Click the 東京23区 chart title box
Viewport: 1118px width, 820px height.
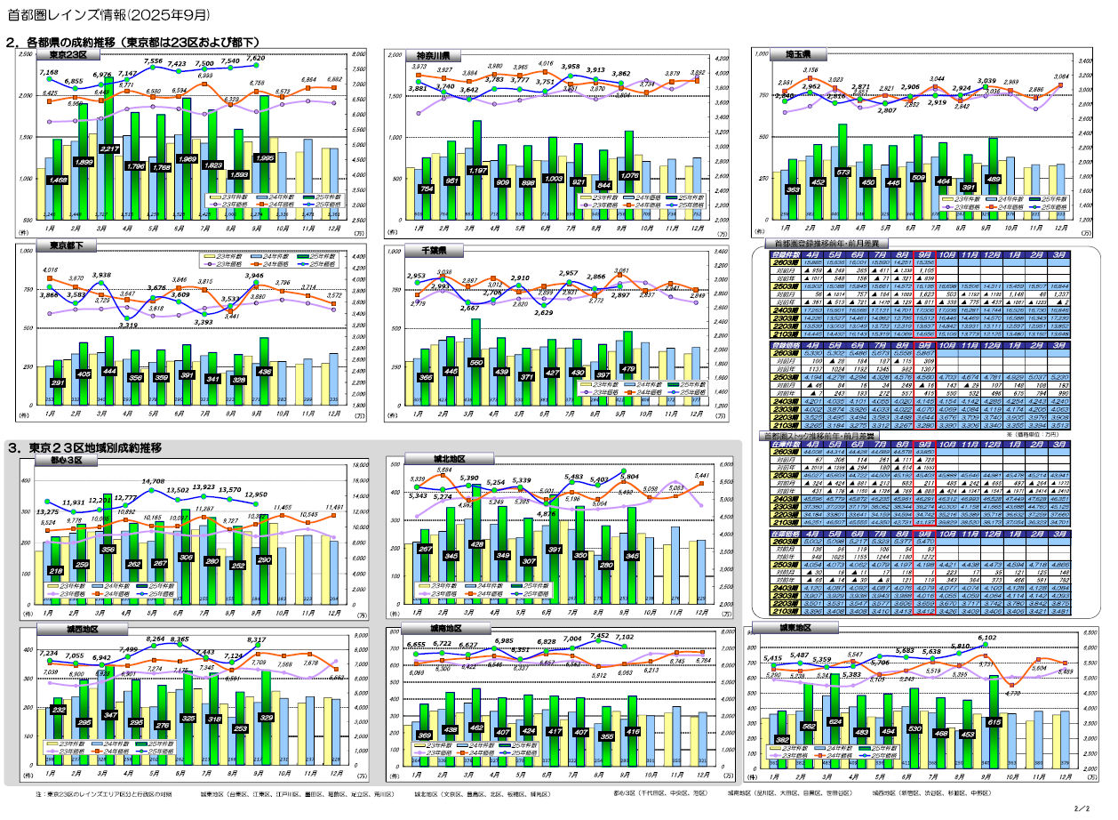click(x=68, y=55)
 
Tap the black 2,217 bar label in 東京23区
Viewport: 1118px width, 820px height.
click(x=109, y=149)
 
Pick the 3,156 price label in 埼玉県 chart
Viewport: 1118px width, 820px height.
click(x=811, y=69)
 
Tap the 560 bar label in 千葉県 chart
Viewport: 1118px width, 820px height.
click(x=475, y=364)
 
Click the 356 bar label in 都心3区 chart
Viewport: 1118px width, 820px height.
click(x=108, y=549)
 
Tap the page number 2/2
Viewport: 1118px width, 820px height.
click(x=1081, y=809)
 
